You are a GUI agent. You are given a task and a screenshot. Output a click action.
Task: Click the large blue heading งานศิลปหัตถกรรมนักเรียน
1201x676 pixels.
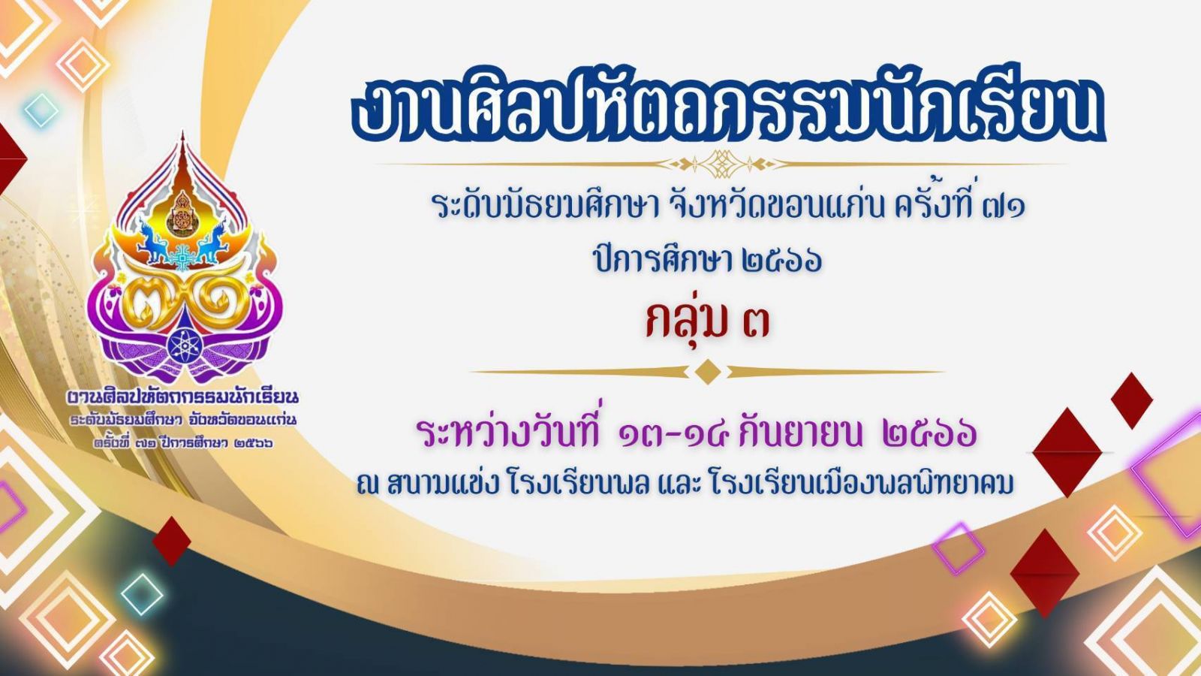point(729,110)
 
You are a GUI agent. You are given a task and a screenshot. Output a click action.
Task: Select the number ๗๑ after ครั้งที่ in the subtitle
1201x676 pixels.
point(1004,206)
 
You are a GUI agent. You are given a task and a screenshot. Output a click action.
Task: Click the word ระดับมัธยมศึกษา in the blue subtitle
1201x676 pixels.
point(545,206)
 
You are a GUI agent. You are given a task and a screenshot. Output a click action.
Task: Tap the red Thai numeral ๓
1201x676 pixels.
point(755,322)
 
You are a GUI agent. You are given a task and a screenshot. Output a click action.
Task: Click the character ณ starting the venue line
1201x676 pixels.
point(368,484)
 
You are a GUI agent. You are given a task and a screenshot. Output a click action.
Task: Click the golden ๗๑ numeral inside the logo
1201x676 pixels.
point(184,303)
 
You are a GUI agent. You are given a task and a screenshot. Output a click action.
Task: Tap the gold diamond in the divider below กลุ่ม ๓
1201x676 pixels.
point(707,371)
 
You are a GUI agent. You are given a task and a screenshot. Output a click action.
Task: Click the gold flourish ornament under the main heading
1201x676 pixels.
point(721,164)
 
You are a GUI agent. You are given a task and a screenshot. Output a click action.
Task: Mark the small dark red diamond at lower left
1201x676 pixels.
point(172,542)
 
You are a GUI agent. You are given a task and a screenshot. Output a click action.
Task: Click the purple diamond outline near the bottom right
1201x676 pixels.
point(958,549)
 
